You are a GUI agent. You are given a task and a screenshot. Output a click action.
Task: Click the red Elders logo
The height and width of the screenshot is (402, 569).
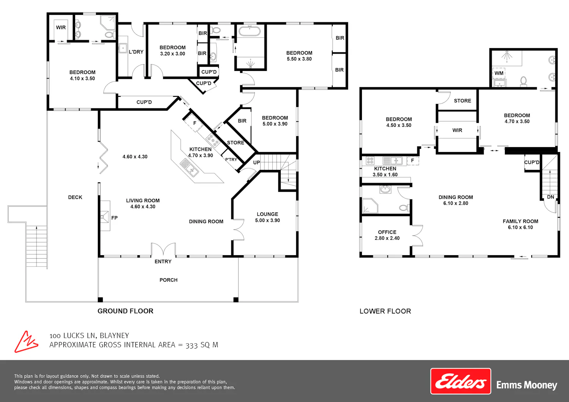click(461, 381)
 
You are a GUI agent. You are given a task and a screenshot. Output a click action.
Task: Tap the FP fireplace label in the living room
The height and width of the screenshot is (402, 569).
click(114, 218)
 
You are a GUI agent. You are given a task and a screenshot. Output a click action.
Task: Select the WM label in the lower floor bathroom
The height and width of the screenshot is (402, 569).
click(499, 73)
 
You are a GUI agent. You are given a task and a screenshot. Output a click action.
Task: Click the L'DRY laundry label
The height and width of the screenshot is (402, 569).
click(136, 52)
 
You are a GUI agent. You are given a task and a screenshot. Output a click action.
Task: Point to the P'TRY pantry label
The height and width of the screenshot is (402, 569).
click(231, 160)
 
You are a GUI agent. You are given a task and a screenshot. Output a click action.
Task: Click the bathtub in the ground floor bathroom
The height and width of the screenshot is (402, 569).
click(250, 31)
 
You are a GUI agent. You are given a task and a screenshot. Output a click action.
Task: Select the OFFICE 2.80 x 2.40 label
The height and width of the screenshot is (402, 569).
click(387, 235)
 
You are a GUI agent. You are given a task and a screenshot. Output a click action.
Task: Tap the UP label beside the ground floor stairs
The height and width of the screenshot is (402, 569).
click(256, 163)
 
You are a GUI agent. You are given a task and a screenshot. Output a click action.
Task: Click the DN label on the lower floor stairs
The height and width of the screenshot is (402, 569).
click(550, 197)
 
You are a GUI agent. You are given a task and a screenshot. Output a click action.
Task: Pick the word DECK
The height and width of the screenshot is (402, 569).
click(75, 197)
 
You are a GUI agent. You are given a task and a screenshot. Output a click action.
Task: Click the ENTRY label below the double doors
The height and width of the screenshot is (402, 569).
click(163, 262)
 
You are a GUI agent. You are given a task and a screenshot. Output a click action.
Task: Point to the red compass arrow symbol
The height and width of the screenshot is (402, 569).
click(26, 342)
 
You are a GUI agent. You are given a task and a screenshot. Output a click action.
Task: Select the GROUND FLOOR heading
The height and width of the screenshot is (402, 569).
click(126, 311)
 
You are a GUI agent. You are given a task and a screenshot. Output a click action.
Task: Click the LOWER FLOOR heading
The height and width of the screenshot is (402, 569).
click(385, 311)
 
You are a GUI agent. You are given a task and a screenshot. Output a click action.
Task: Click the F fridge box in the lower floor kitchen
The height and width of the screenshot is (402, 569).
click(413, 161)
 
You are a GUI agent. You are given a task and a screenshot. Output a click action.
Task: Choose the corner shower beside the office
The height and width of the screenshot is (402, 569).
click(370, 206)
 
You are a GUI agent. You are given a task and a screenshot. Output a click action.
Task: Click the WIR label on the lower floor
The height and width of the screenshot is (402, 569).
click(457, 130)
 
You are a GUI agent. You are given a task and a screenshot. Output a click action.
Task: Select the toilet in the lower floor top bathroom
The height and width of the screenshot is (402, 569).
click(523, 81)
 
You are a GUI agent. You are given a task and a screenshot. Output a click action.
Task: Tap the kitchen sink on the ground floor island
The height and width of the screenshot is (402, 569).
click(189, 168)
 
